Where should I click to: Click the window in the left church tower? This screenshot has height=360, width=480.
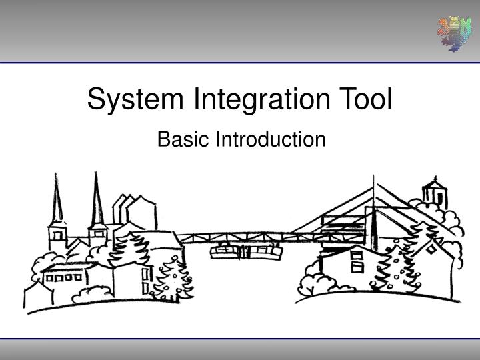(57, 234)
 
